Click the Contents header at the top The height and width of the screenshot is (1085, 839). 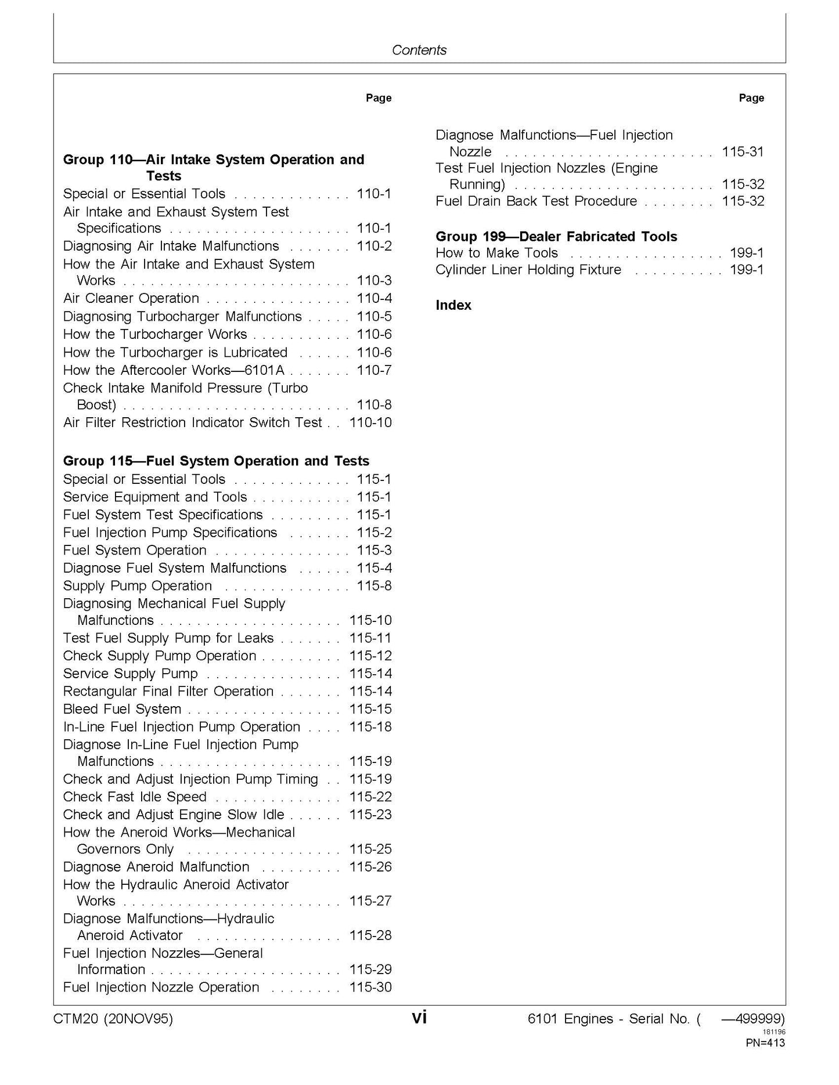(x=419, y=50)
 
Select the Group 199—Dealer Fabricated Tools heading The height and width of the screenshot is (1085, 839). (x=556, y=236)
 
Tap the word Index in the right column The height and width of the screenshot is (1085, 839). (x=453, y=305)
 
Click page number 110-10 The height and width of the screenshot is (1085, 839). (x=370, y=422)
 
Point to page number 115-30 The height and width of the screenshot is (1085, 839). (x=370, y=987)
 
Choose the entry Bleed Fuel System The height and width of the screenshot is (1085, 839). (x=122, y=709)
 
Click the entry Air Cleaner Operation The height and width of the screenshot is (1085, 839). (x=131, y=298)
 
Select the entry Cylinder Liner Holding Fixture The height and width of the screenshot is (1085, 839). (x=528, y=270)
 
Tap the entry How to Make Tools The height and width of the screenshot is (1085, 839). (x=496, y=253)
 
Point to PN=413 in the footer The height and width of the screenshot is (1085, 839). (x=765, y=1043)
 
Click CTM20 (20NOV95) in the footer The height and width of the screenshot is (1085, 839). (x=113, y=1019)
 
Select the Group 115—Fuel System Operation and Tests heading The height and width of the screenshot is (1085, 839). (x=216, y=461)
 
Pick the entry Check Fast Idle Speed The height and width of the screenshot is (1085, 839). (x=134, y=797)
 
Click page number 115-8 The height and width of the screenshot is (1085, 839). (x=374, y=585)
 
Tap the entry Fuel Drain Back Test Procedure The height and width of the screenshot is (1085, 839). (x=536, y=201)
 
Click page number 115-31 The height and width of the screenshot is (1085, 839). (x=743, y=151)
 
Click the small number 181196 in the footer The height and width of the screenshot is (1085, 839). (x=774, y=1032)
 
